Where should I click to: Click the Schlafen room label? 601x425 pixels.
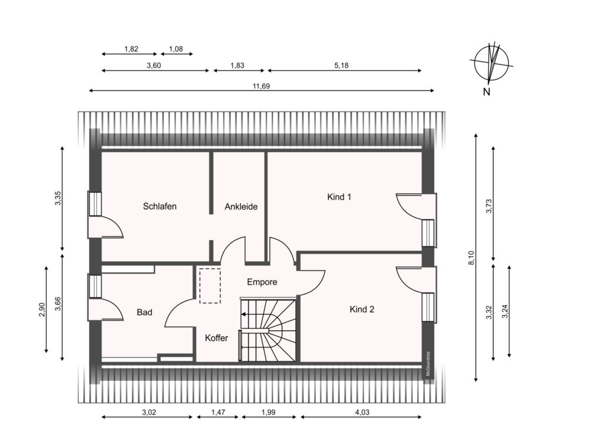point(160,206)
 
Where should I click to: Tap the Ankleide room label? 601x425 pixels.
point(241,207)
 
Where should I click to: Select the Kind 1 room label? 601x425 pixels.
point(339,197)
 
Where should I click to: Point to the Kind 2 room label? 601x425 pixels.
point(362,309)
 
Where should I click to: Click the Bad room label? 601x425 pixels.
point(144,312)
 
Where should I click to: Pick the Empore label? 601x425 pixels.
point(262,282)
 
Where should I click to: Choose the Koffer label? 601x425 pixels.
point(217,338)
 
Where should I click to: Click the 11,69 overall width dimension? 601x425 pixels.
point(261,86)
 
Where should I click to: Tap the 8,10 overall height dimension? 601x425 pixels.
point(472,258)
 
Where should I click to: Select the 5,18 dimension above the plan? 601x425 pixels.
point(341,66)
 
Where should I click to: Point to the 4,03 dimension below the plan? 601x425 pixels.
point(362,412)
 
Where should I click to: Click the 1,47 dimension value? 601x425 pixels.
point(218,412)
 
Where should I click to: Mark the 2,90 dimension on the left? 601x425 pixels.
point(42,309)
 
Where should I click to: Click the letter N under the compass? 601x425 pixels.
point(487,92)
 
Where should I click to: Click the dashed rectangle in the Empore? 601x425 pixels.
point(210,286)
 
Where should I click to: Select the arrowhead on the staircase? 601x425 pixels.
point(243,315)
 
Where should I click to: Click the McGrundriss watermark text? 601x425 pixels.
point(428,364)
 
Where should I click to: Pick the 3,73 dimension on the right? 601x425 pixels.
point(489,206)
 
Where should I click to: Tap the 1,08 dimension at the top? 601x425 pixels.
point(176,49)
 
